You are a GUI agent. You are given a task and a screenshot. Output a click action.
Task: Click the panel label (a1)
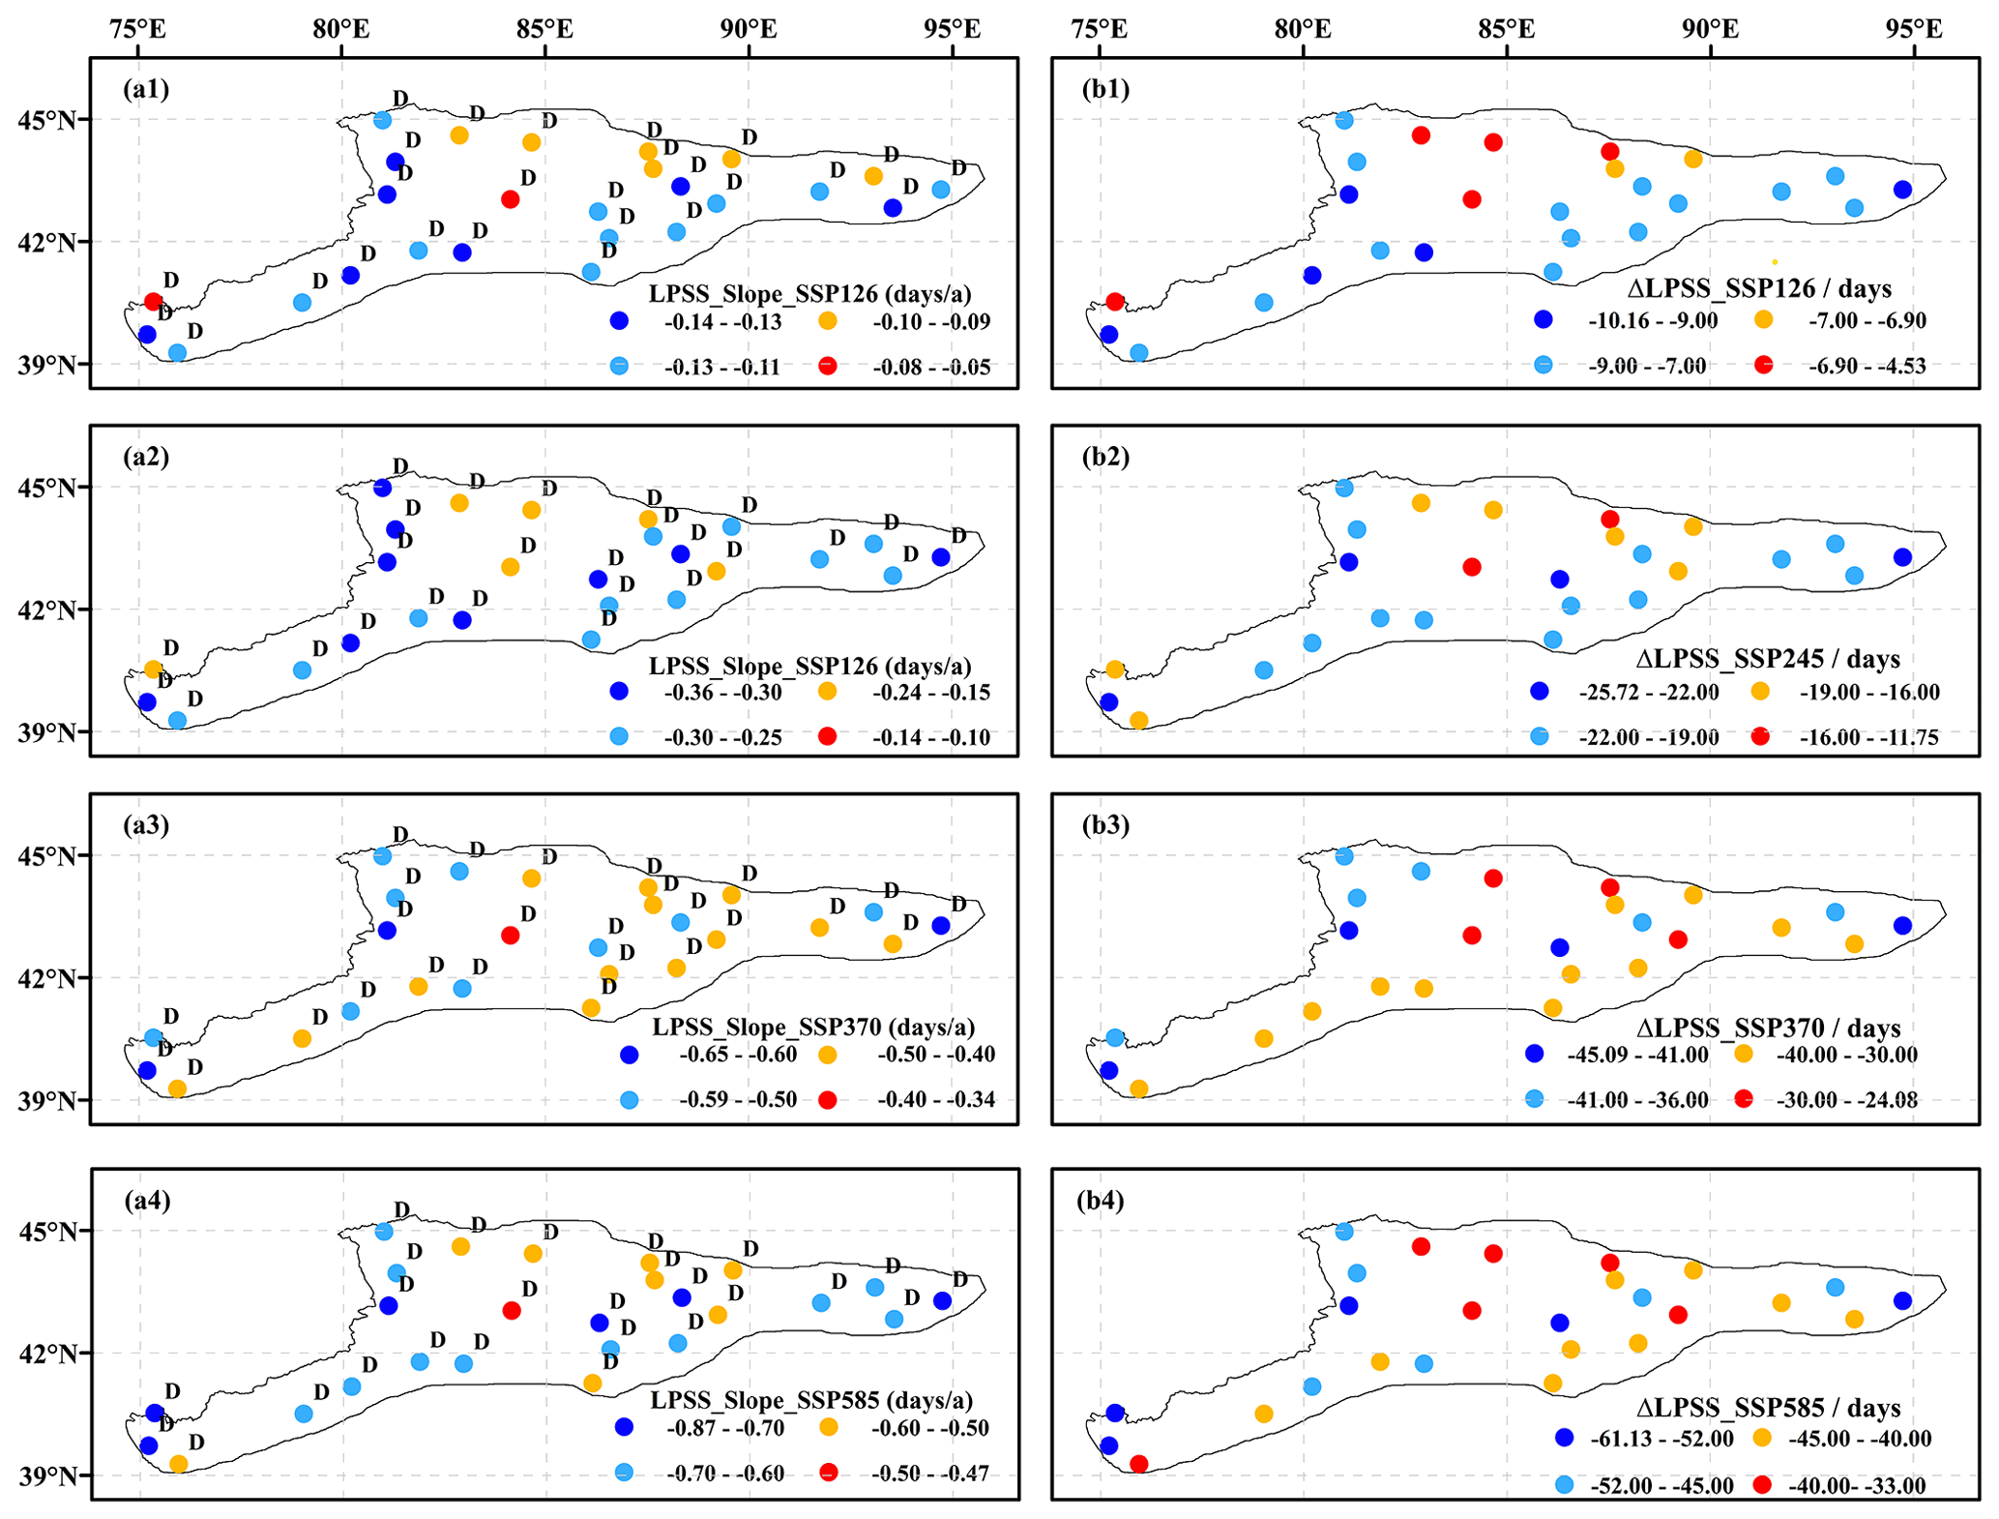click(x=146, y=89)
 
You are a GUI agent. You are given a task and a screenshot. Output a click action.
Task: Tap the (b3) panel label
click(x=1106, y=825)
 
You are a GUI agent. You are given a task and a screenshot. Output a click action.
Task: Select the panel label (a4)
click(x=147, y=1201)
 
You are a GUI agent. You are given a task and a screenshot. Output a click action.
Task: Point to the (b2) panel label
click(x=1106, y=457)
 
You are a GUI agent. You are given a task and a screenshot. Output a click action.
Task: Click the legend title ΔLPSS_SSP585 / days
click(x=1769, y=1408)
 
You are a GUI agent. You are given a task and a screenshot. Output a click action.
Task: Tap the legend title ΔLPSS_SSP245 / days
click(x=1768, y=659)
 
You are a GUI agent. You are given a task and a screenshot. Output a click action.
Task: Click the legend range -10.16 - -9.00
click(x=1653, y=320)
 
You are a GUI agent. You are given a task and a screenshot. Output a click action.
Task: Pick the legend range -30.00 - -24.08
click(x=1847, y=1099)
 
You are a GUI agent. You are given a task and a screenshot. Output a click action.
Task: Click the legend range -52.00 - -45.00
click(x=1661, y=1485)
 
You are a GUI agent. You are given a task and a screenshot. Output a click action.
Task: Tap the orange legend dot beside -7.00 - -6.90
click(x=1764, y=319)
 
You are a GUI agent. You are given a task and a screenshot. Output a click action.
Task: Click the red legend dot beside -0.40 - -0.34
click(x=827, y=1099)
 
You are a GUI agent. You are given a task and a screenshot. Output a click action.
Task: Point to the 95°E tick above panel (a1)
click(x=952, y=29)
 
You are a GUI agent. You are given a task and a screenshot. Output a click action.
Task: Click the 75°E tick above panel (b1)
click(x=1100, y=29)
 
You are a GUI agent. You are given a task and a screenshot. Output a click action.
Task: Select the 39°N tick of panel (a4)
click(x=46, y=1475)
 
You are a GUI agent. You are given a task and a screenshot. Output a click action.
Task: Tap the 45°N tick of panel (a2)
click(x=46, y=488)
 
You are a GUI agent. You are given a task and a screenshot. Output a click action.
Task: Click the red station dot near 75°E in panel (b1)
click(x=1115, y=302)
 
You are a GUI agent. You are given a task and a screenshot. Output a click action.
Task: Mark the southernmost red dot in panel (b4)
click(x=1139, y=1464)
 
